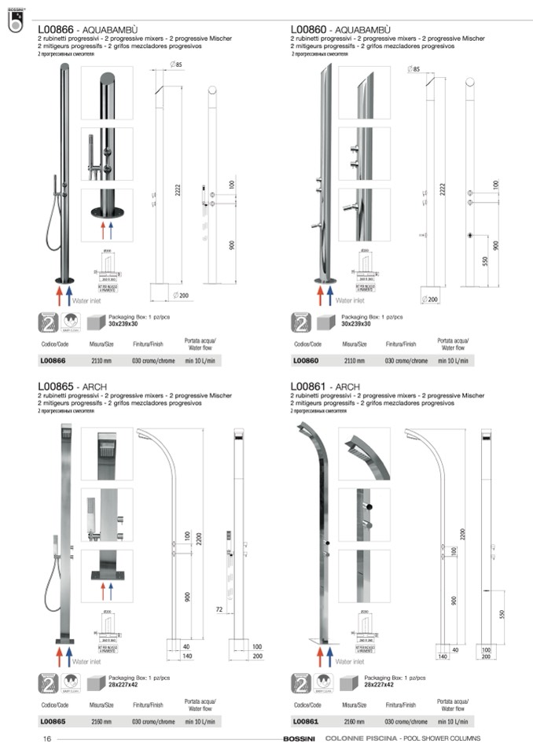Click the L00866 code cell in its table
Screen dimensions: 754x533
53,360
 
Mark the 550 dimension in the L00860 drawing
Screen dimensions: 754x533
486,260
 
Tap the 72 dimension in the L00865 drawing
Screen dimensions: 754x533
219,609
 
